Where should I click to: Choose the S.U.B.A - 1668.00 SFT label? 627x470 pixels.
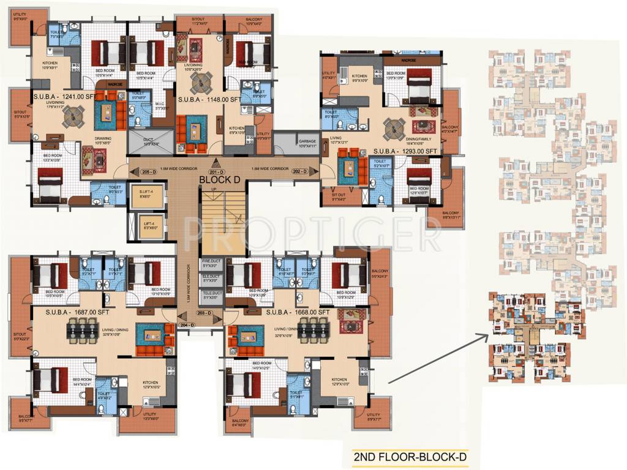tap(298, 312)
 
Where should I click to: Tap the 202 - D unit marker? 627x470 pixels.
tap(299, 172)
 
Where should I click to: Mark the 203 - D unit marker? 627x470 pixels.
tap(205, 314)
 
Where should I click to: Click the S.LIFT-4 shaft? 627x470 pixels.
tap(145, 195)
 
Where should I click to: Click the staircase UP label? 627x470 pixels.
tap(213, 189)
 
